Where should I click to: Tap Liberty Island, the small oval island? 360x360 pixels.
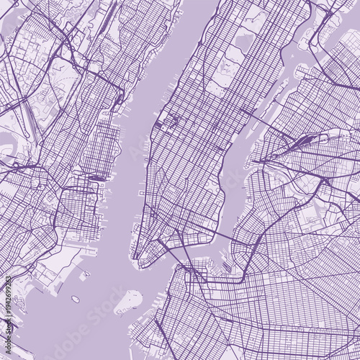[75, 299]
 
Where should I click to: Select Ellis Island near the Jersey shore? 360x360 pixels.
[85, 274]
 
